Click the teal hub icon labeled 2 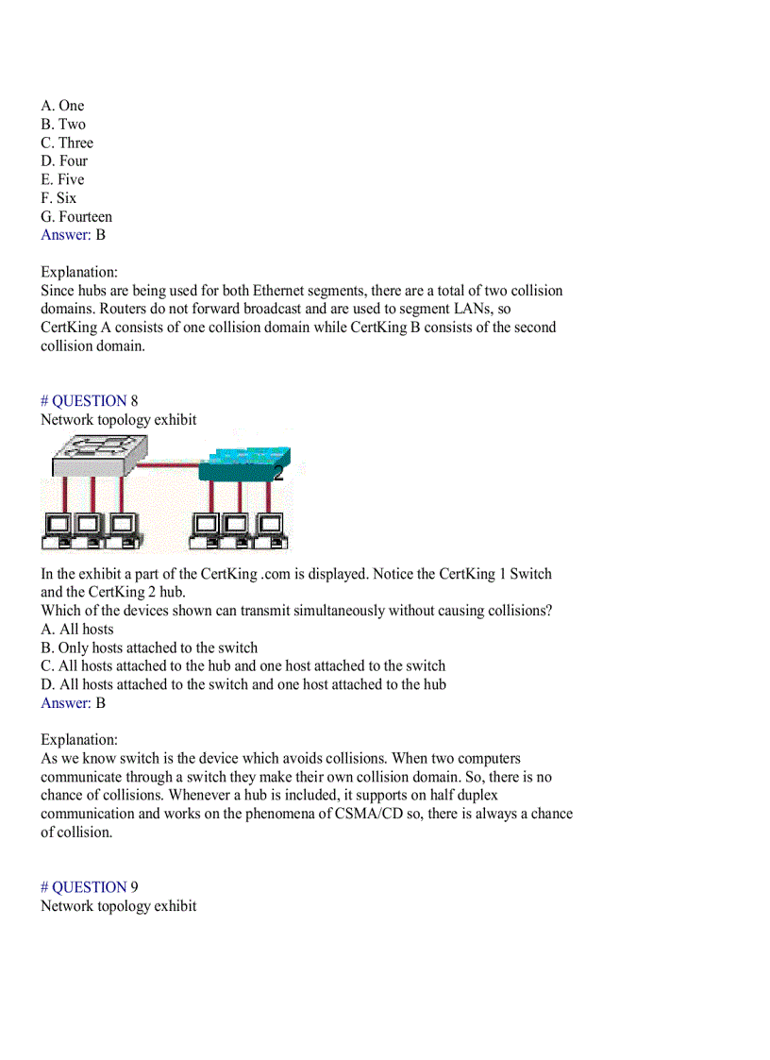point(243,463)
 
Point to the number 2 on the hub point(277,474)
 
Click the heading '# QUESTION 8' point(89,401)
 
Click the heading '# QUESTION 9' point(89,887)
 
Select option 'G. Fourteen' point(76,216)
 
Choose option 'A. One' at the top point(62,106)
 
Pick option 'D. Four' point(64,160)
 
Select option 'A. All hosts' point(77,630)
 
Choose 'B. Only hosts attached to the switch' point(149,648)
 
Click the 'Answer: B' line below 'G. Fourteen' point(73,235)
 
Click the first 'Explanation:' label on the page point(79,272)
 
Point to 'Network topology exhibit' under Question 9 point(119,906)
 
